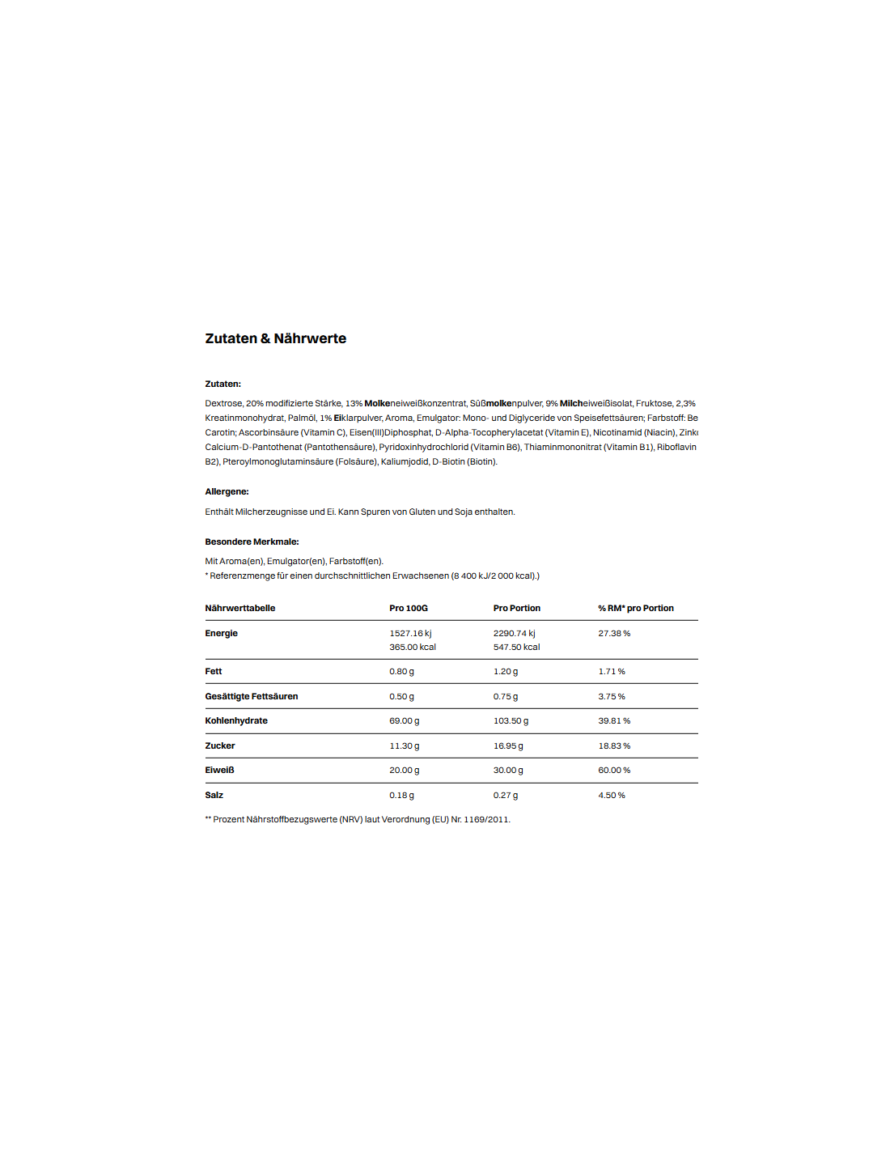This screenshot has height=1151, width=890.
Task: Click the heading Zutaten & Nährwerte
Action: (275, 338)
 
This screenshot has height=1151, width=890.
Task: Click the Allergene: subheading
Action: (227, 491)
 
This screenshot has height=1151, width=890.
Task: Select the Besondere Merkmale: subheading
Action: (252, 542)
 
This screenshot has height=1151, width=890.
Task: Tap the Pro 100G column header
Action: (409, 608)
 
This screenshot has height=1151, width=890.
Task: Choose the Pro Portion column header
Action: (516, 608)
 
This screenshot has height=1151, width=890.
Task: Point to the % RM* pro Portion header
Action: (635, 608)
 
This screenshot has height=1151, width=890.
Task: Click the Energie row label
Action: (221, 633)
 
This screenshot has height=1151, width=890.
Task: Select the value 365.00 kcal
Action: (413, 647)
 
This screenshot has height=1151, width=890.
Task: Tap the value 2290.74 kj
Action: (514, 633)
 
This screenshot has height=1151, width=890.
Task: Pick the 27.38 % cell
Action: (614, 633)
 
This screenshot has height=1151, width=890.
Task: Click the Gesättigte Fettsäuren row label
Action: (251, 696)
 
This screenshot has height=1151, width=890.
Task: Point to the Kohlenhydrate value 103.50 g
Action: (511, 720)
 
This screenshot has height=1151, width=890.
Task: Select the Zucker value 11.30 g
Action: (404, 745)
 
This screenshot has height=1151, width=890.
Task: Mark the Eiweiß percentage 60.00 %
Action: (614, 770)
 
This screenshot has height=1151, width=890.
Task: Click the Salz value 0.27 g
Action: (506, 795)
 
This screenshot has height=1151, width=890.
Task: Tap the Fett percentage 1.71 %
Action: (612, 671)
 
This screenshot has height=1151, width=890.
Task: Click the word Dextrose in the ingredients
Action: (223, 403)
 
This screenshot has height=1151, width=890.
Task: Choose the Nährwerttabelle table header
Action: (239, 608)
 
